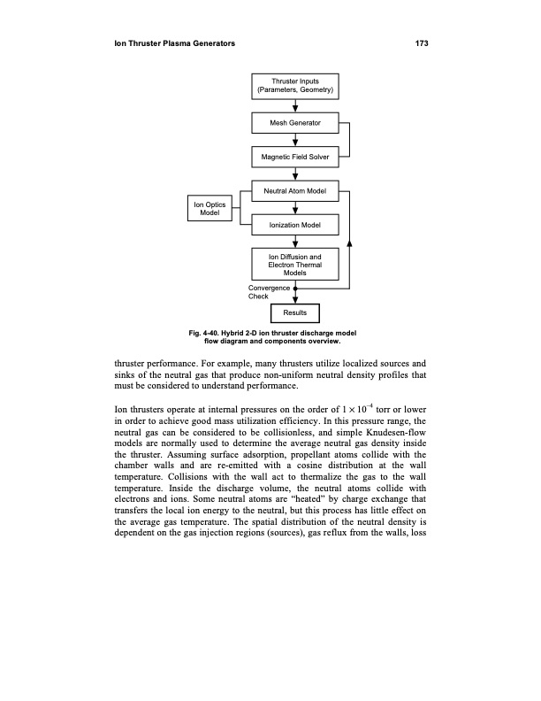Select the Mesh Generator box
pyautogui.click(x=295, y=121)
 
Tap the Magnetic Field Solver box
pyautogui.click(x=295, y=157)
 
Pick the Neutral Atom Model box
pyautogui.click(x=295, y=192)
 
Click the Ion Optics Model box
pyautogui.click(x=210, y=208)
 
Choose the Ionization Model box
pyautogui.click(x=295, y=227)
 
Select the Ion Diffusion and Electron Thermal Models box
pyautogui.click(x=295, y=265)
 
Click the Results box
pyautogui.click(x=295, y=312)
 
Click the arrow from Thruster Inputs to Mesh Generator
pyautogui.click(x=295, y=105)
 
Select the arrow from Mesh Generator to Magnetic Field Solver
pyautogui.click(x=295, y=140)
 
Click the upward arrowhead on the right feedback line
pyautogui.click(x=350, y=242)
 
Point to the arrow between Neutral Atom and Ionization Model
pyautogui.click(x=295, y=210)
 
